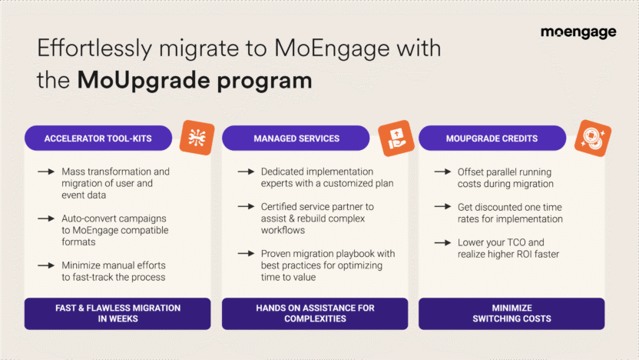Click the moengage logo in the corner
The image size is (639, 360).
[578, 32]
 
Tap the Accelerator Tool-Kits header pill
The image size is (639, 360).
[98, 138]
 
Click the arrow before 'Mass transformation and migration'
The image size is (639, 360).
[46, 172]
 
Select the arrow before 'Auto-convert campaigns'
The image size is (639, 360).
[46, 218]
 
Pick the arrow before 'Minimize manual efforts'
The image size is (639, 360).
[46, 265]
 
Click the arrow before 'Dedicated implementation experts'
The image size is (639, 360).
[246, 172]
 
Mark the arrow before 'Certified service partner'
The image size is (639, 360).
[246, 207]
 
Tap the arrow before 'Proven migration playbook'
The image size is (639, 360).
[246, 254]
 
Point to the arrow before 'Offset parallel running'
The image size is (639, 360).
[443, 172]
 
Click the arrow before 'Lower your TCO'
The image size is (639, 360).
[443, 242]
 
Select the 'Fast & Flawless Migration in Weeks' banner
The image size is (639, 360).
[118, 313]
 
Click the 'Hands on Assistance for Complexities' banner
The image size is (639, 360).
[315, 313]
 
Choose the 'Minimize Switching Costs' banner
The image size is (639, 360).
[512, 313]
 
